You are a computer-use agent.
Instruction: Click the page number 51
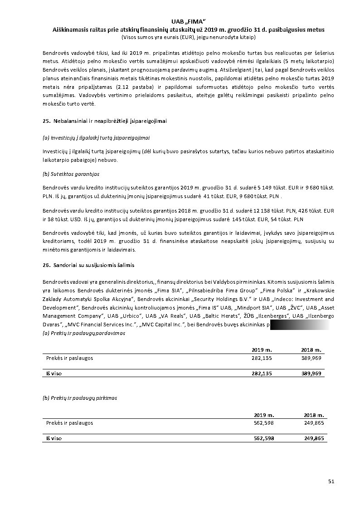pyautogui.click(x=331, y=481)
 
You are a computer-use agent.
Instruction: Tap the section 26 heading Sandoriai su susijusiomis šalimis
pyautogui.click(x=88, y=264)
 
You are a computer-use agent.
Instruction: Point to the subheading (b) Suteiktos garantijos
pyautogui.click(x=71, y=174)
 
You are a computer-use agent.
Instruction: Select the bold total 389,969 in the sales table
pyautogui.click(x=311, y=373)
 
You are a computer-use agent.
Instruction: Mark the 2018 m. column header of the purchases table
pyautogui.click(x=314, y=415)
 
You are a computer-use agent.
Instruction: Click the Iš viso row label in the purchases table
pyautogui.click(x=54, y=438)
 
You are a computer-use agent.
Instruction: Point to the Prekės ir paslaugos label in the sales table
pyautogui.click(x=69, y=358)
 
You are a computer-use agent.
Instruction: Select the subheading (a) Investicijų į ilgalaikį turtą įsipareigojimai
pyautogui.click(x=96, y=137)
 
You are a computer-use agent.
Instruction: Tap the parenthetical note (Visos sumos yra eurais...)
pyautogui.click(x=188, y=37)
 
